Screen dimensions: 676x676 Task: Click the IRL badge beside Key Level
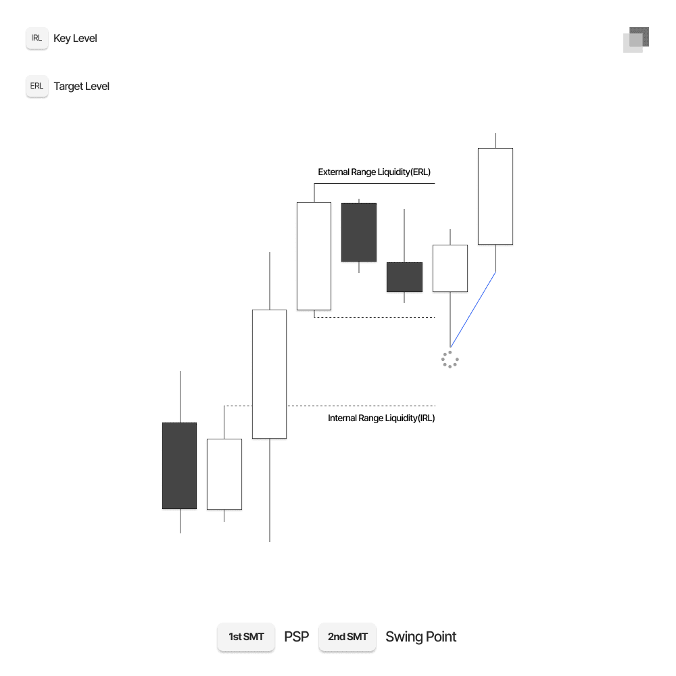(x=37, y=39)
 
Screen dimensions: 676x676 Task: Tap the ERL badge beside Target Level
(x=37, y=87)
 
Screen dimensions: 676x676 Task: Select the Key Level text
(x=75, y=39)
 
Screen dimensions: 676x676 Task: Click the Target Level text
(x=81, y=87)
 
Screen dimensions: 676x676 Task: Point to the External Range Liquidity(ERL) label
(x=374, y=172)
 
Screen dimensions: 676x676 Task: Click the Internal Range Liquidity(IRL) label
(x=381, y=418)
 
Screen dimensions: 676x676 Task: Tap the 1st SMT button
(x=246, y=637)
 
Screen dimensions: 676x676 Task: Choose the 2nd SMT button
(x=347, y=637)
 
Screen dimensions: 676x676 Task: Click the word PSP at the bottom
(x=297, y=637)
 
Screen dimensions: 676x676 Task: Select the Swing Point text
(x=420, y=637)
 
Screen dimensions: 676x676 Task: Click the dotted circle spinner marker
(x=450, y=360)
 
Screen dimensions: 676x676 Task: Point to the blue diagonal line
(x=473, y=309)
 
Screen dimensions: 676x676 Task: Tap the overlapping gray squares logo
(x=636, y=39)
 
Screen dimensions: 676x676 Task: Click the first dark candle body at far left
(x=179, y=466)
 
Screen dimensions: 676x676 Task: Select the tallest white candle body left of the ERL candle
(x=269, y=374)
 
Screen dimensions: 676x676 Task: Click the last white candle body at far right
(x=496, y=196)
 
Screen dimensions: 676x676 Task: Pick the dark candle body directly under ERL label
(x=359, y=232)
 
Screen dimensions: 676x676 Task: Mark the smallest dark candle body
(x=404, y=277)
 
